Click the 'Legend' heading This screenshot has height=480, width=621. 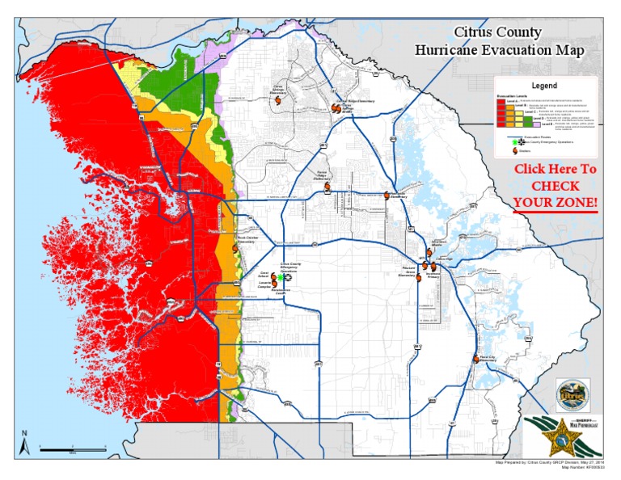544,86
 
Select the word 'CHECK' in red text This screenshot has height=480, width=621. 556,185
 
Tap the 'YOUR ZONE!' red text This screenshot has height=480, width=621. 556,201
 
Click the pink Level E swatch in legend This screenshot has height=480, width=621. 535,125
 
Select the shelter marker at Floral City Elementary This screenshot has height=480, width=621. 475,359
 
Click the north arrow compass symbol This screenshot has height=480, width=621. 25,441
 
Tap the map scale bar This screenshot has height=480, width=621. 73,448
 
